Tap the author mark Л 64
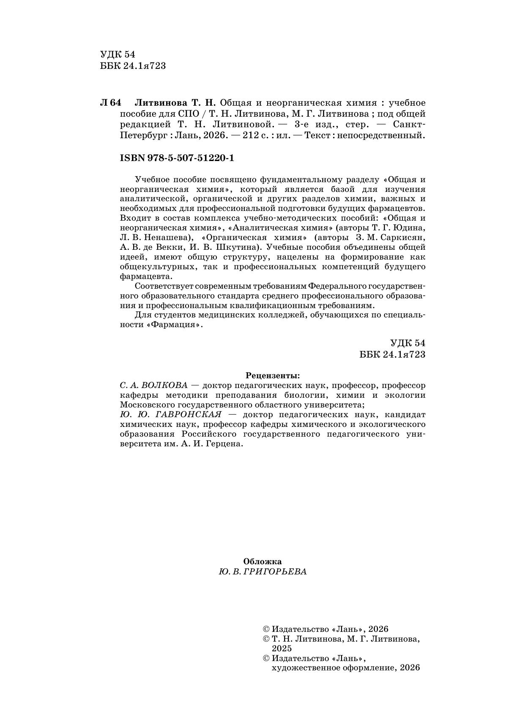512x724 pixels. (x=110, y=103)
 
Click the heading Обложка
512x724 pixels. (x=262, y=561)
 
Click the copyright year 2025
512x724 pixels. (x=282, y=649)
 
